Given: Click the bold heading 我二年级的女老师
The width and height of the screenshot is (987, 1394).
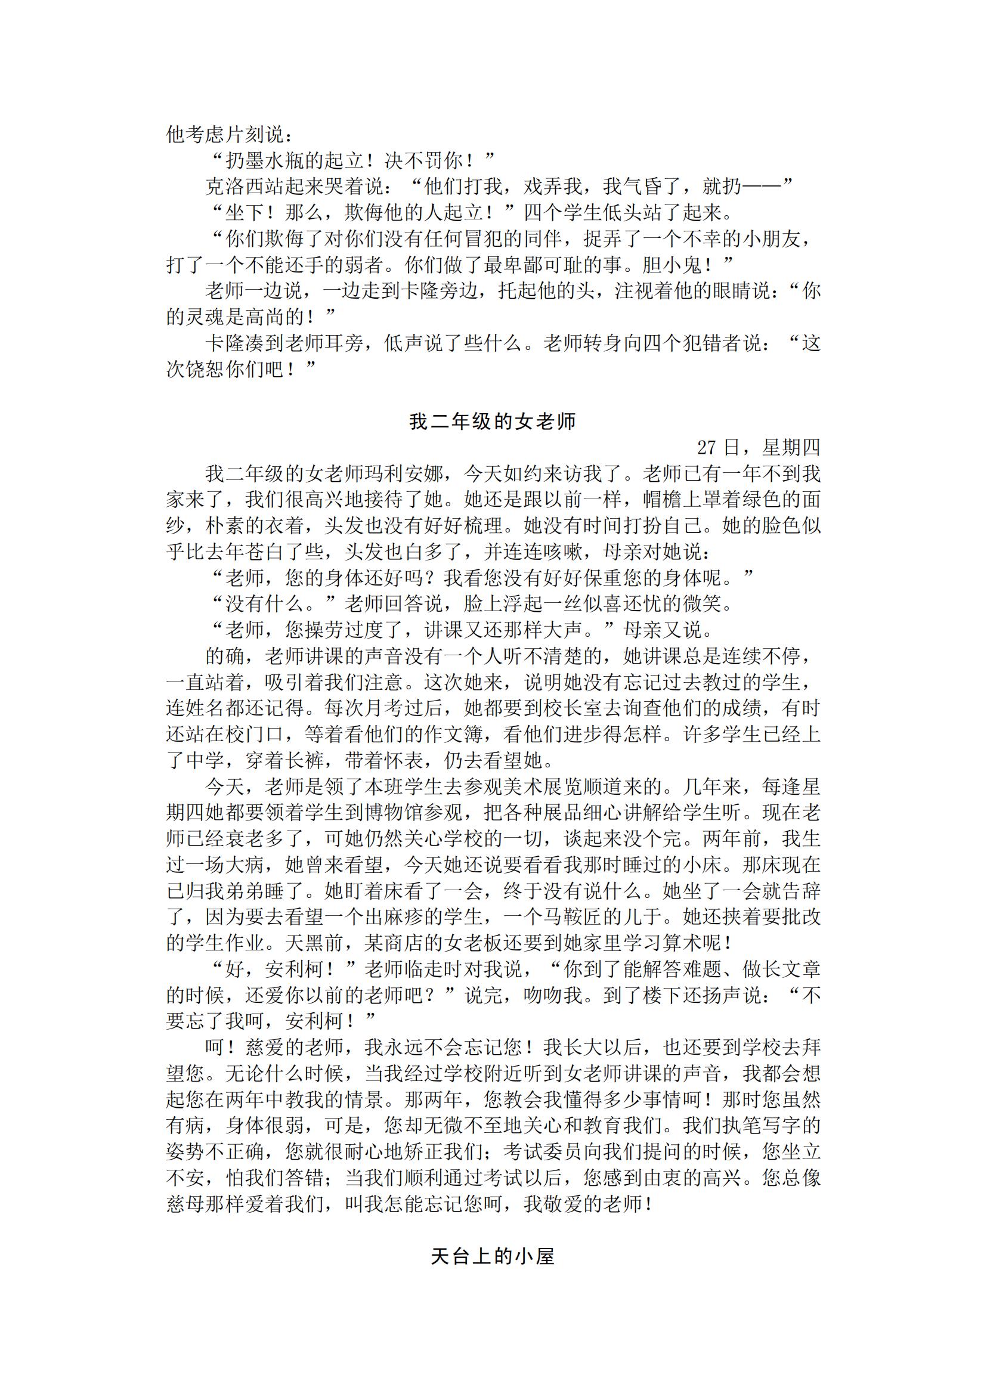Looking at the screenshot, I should [493, 422].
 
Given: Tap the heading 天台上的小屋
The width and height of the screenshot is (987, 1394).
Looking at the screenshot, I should [493, 1257].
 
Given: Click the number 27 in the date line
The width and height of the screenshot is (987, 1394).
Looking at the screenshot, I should [707, 448].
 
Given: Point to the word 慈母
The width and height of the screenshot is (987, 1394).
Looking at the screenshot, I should [185, 1204].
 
